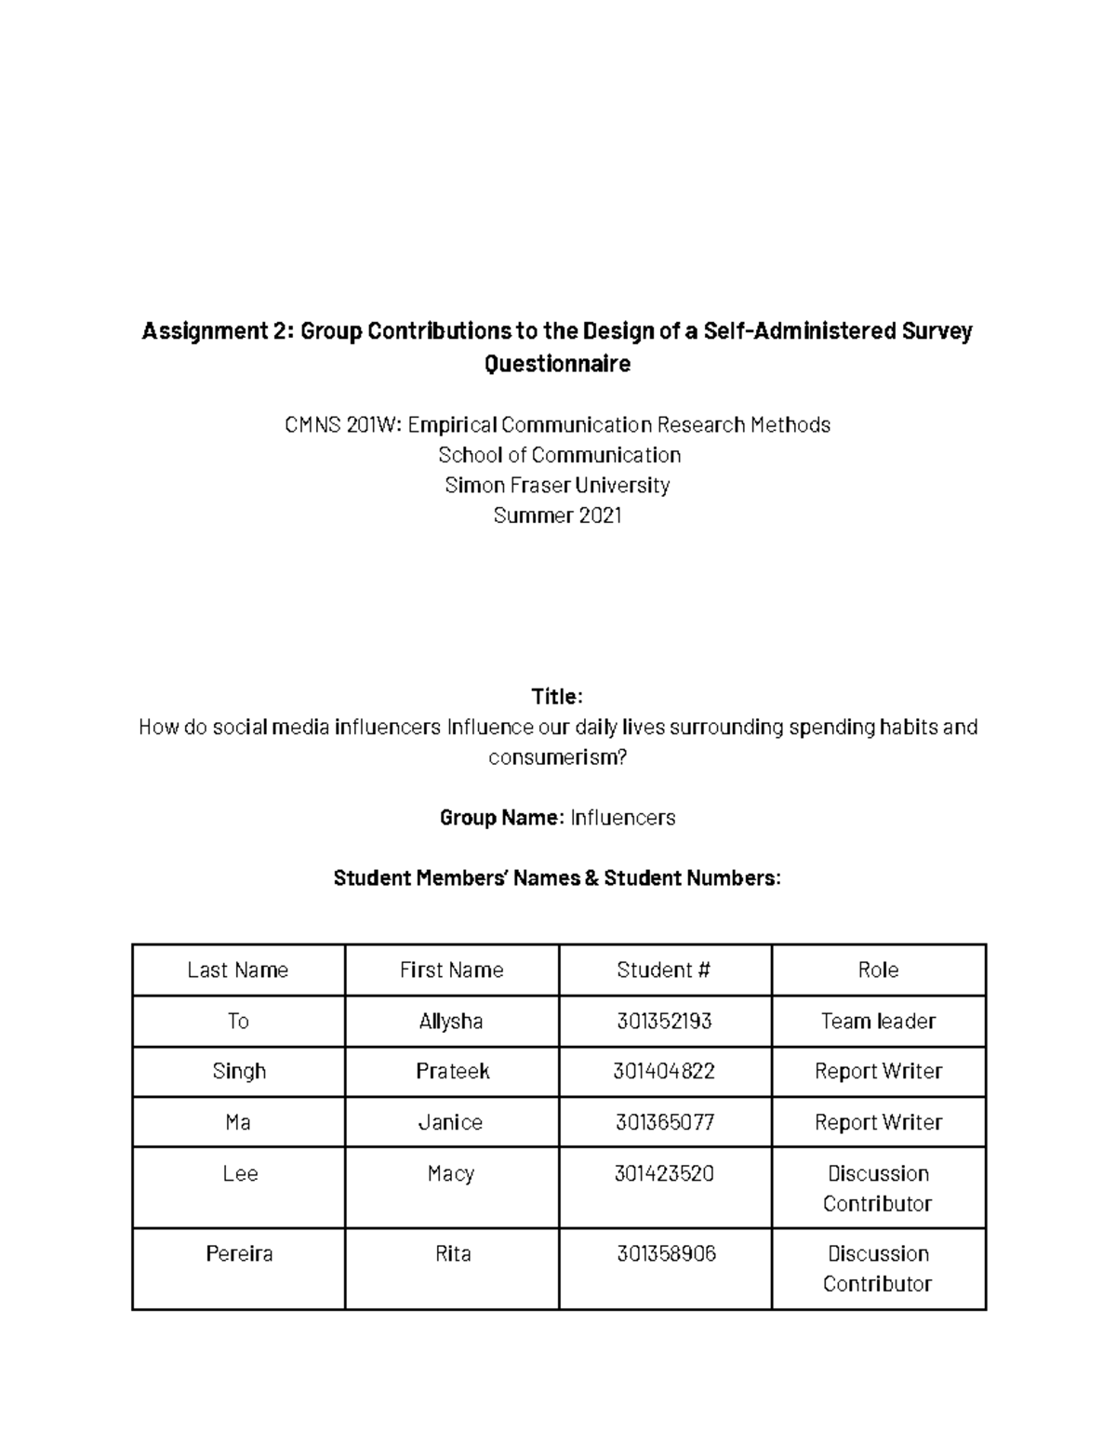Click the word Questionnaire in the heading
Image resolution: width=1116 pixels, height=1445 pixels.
point(557,364)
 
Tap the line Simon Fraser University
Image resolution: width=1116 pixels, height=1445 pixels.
point(557,485)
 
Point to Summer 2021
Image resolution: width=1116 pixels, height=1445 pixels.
point(557,515)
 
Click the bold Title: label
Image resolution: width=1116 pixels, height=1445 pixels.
point(557,697)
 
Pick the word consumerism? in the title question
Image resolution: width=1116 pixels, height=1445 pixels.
point(557,757)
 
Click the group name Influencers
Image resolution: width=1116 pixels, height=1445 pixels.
point(622,818)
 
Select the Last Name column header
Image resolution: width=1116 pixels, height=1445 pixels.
point(238,970)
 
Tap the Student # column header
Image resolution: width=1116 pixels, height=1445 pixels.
point(664,970)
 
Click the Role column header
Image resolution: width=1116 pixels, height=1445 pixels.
point(878,970)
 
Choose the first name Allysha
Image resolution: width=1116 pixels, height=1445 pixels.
point(451,1022)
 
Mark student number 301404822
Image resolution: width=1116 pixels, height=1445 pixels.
point(664,1072)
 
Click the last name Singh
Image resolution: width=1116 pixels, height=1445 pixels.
point(239,1072)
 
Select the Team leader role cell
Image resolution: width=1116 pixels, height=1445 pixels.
point(878,1022)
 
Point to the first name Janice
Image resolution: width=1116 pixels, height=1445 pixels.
point(451,1123)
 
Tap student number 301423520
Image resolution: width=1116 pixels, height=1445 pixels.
point(664,1174)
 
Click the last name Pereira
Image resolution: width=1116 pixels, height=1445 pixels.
point(239,1254)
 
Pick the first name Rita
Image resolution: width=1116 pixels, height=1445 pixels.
point(453,1254)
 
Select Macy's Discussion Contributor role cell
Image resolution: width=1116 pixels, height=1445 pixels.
point(878,1188)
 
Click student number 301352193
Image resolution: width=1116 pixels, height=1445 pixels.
point(664,1022)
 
